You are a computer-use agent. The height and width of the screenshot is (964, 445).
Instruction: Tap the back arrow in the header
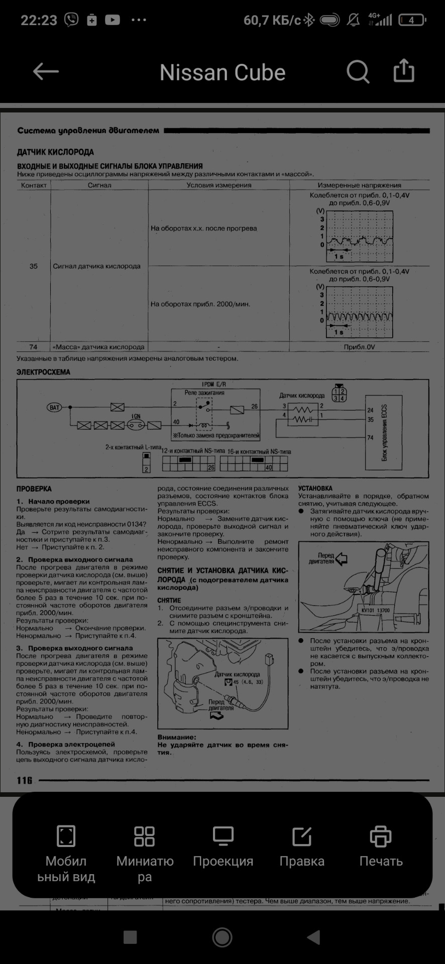(x=46, y=72)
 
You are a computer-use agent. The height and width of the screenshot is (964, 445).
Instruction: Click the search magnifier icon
(x=358, y=72)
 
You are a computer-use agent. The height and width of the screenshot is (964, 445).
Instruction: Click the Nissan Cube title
(x=222, y=73)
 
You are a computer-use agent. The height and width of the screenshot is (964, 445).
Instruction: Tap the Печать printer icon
(x=380, y=837)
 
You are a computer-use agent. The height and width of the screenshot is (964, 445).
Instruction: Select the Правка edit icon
(x=302, y=837)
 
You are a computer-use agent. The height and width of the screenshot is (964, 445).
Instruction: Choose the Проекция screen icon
(x=223, y=837)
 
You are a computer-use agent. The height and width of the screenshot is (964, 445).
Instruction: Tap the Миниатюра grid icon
(x=145, y=837)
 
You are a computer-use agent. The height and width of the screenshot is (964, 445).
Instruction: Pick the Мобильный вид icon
(x=66, y=837)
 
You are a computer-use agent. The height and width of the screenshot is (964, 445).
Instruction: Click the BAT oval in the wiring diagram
(x=54, y=407)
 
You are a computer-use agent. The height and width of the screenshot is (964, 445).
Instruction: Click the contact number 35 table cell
(x=34, y=266)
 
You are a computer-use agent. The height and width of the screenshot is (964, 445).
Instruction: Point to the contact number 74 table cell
(x=34, y=347)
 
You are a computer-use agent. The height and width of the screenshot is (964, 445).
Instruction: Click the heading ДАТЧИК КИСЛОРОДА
(x=55, y=152)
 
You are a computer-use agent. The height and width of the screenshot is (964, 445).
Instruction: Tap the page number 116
(x=24, y=780)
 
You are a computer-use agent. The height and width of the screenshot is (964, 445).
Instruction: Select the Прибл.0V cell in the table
(x=359, y=347)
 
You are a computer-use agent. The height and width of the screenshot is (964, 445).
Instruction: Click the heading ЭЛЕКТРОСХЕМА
(x=43, y=373)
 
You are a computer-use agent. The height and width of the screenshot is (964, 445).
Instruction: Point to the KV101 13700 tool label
(x=375, y=611)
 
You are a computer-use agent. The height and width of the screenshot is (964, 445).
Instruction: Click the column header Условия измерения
(x=218, y=185)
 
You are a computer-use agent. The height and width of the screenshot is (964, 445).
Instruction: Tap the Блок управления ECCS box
(x=384, y=432)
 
